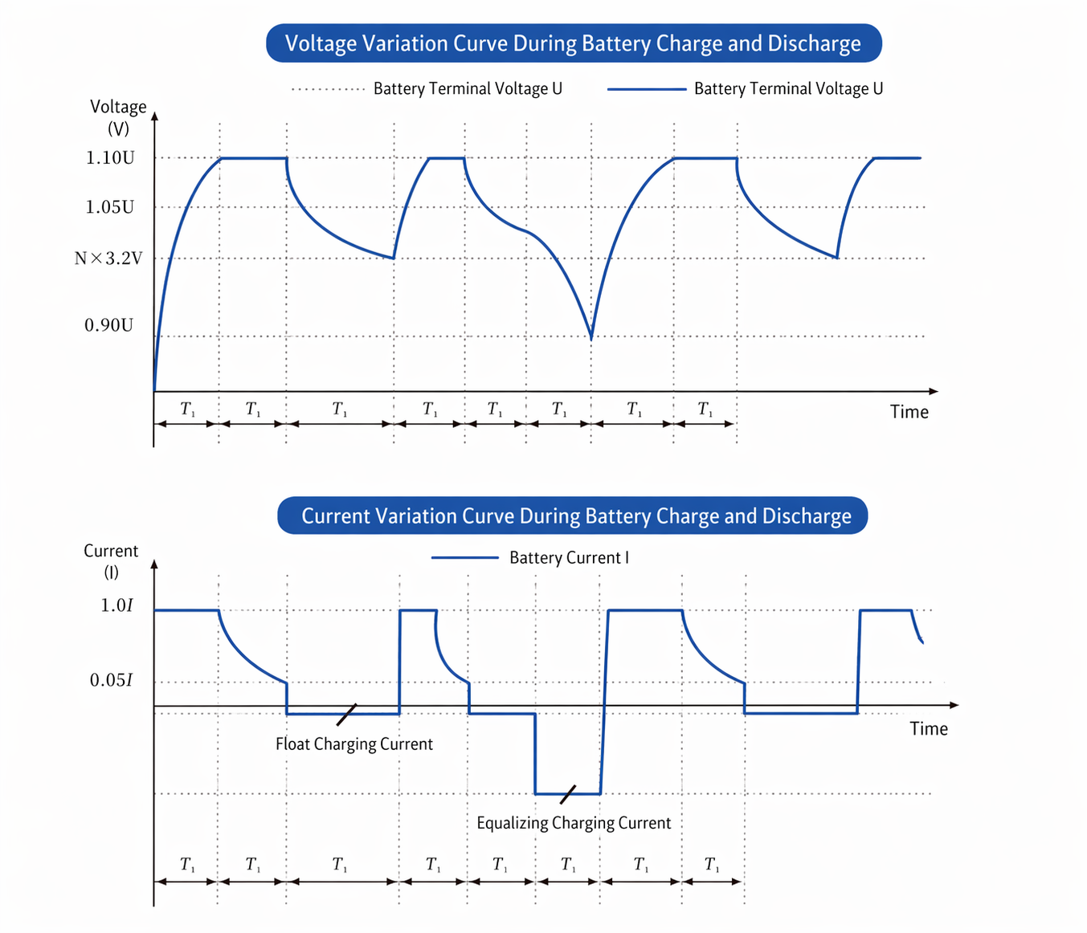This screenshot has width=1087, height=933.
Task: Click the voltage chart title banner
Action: coord(573,43)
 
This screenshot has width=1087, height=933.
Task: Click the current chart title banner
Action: coord(573,515)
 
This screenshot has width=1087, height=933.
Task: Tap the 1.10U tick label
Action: coord(110,158)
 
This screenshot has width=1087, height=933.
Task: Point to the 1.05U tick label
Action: coord(110,207)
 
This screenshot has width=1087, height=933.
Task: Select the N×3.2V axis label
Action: coord(108,259)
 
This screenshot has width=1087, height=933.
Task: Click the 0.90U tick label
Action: coord(109,325)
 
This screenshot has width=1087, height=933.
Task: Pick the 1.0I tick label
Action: coord(116,605)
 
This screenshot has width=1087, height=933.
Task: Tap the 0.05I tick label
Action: coord(111,681)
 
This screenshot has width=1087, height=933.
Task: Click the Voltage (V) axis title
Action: coord(118,117)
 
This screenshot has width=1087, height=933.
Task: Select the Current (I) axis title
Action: coord(111,561)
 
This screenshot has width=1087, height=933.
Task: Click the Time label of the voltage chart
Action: coord(909,412)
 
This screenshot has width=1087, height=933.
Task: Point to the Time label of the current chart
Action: coord(928,728)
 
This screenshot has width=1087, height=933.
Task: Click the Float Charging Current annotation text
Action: coord(353,744)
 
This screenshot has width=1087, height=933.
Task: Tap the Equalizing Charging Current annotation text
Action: coord(573,823)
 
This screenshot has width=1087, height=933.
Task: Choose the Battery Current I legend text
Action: coord(569,558)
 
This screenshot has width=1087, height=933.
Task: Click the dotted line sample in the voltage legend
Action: coord(328,89)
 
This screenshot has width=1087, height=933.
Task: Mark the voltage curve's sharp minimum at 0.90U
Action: coord(591,338)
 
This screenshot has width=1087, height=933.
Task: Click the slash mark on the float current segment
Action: coord(347,714)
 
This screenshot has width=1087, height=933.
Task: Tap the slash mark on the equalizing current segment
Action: coord(568,794)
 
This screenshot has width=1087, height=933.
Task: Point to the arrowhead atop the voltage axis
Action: coord(155,116)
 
